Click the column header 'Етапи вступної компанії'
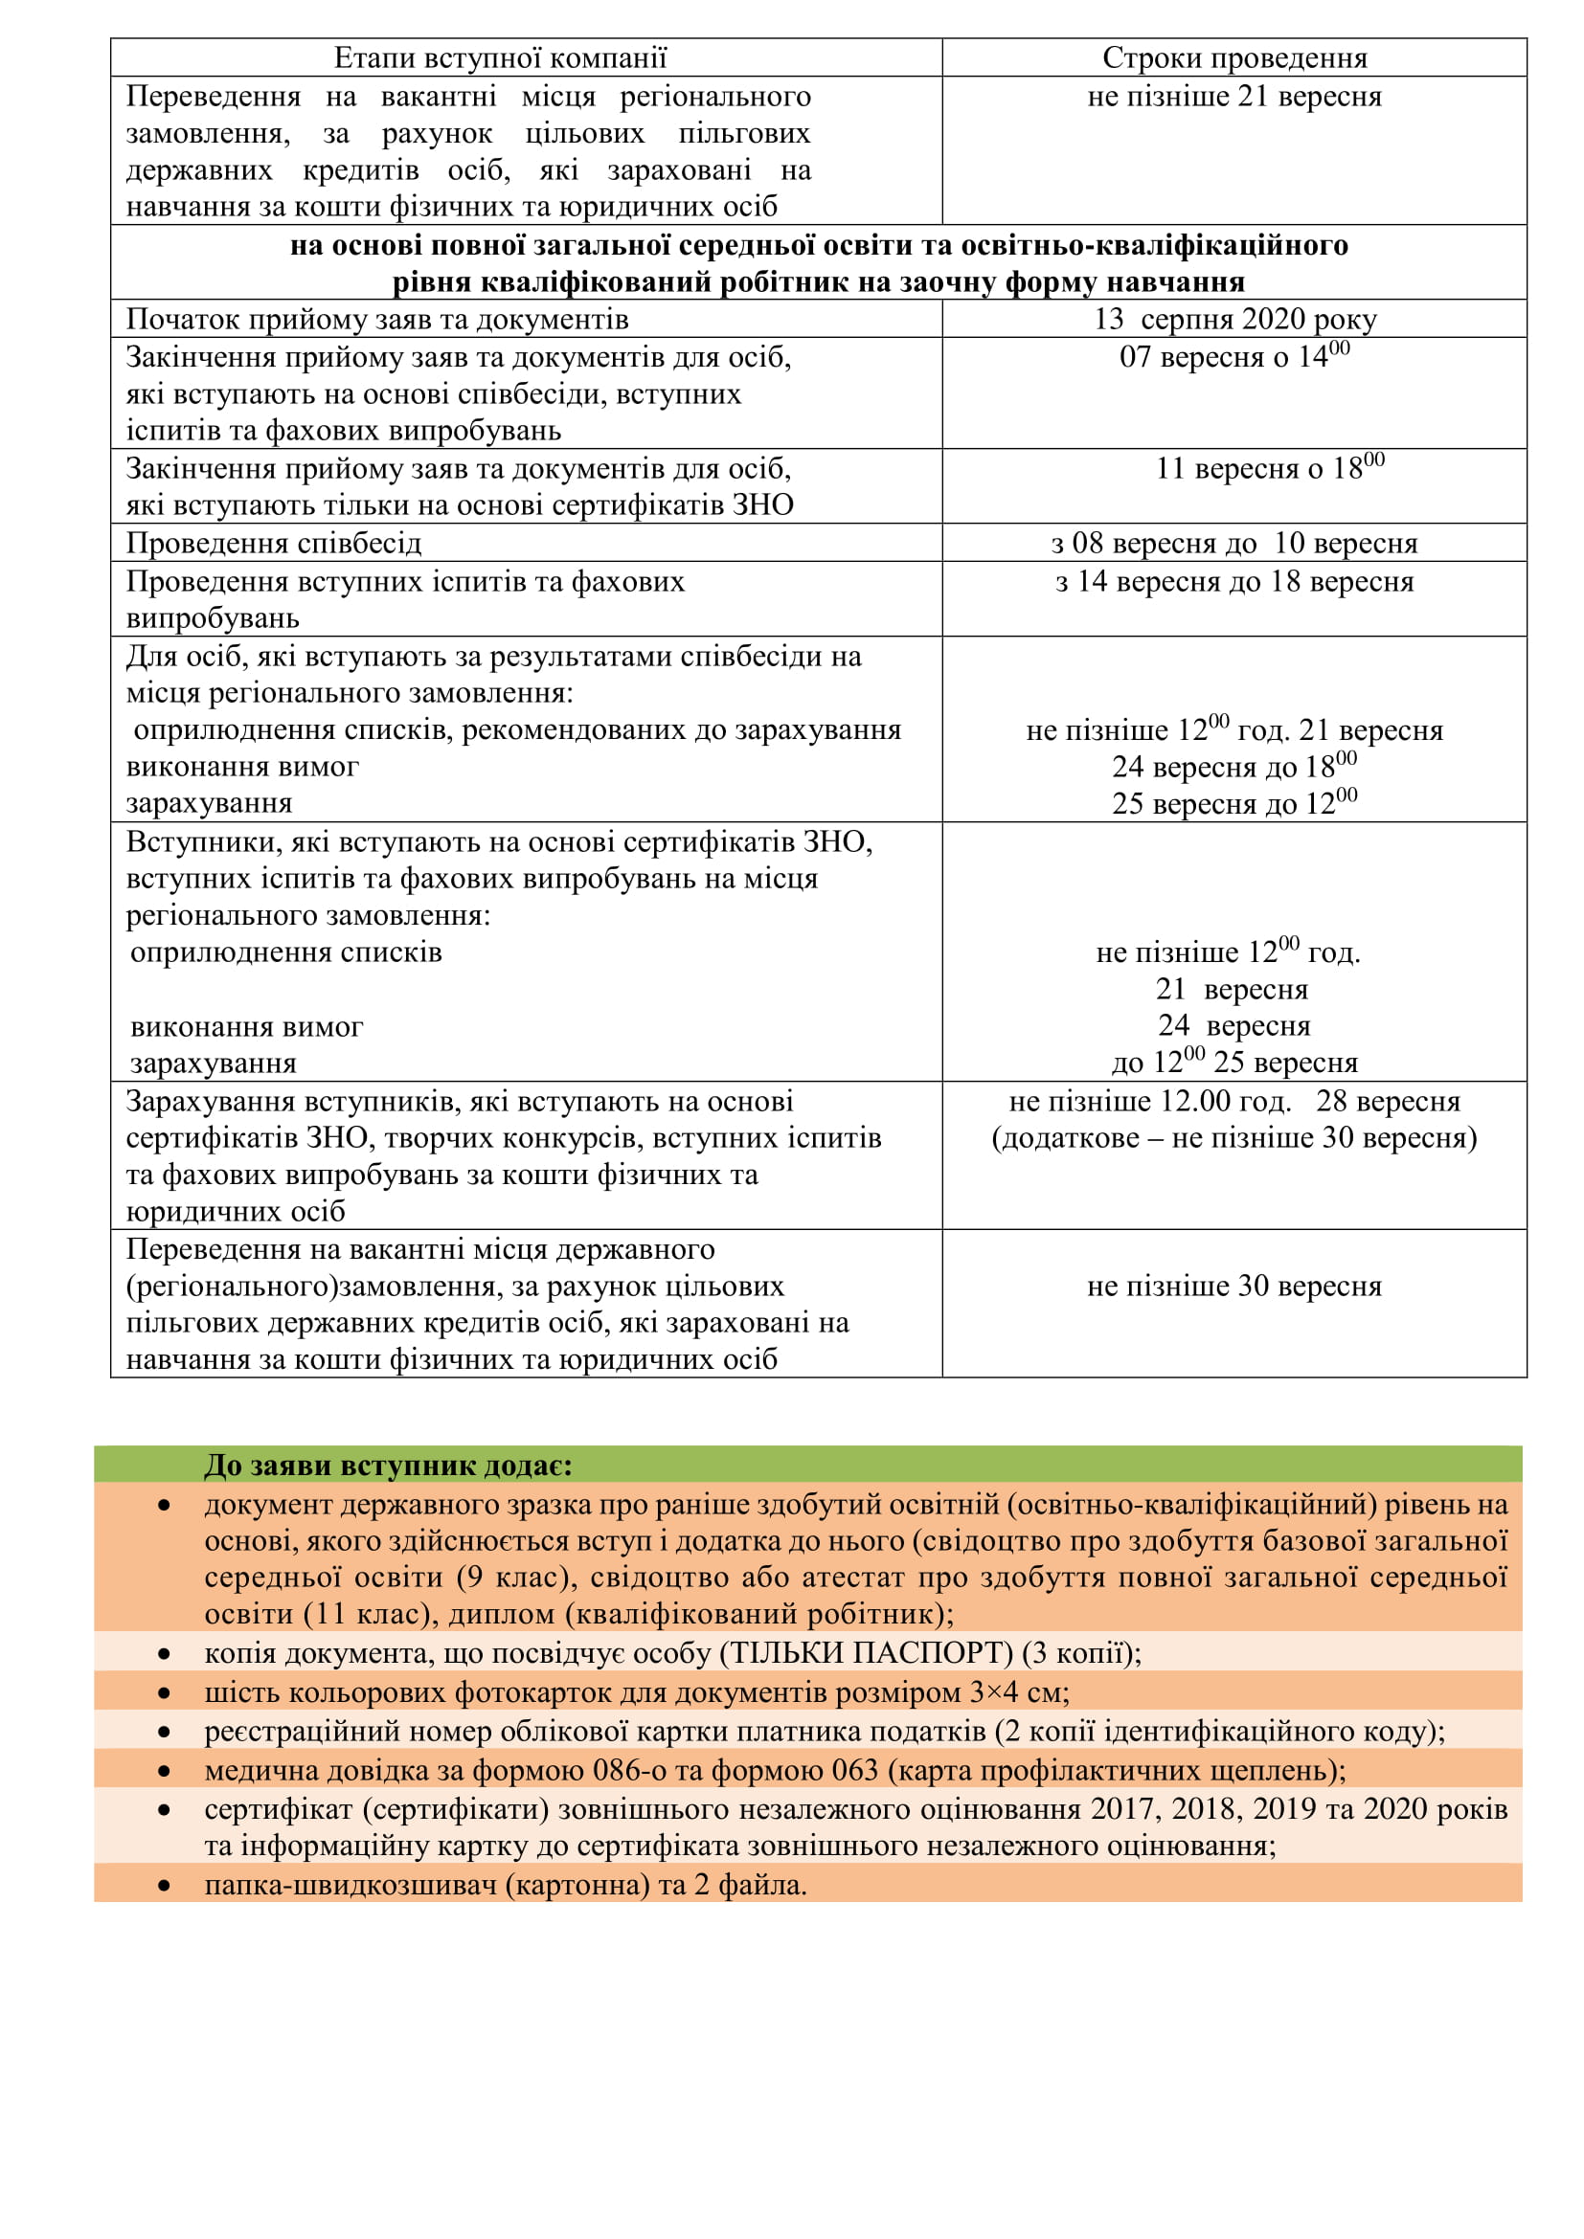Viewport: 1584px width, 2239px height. click(499, 58)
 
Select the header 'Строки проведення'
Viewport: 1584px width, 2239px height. click(1233, 58)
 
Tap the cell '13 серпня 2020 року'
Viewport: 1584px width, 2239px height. click(1233, 320)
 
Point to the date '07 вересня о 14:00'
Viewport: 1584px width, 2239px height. click(1233, 357)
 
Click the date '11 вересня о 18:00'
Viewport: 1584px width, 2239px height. click(1268, 468)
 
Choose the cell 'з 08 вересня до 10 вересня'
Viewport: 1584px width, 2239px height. click(1233, 543)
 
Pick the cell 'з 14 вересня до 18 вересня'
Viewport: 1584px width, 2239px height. click(1233, 581)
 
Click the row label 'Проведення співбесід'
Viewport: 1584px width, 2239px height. click(273, 543)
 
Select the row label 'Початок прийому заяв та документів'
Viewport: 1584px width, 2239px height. click(376, 320)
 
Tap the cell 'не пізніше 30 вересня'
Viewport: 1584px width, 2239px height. click(1233, 1287)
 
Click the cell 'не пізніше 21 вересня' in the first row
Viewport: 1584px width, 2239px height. click(1233, 97)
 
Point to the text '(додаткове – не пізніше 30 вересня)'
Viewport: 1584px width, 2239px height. click(1233, 1138)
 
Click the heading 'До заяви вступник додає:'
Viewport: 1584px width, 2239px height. click(387, 1466)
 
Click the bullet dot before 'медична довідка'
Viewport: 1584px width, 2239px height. click(164, 1771)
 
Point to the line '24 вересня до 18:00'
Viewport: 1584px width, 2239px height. click(1233, 768)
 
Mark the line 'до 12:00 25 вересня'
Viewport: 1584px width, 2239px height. click(1233, 1062)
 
